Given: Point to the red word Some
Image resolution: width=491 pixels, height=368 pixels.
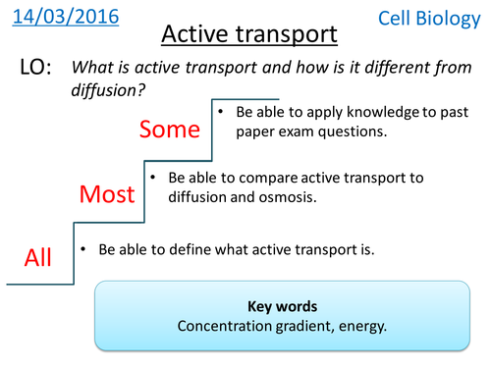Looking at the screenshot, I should point(170,130).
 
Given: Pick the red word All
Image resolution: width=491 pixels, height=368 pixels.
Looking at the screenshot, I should point(38,258).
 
